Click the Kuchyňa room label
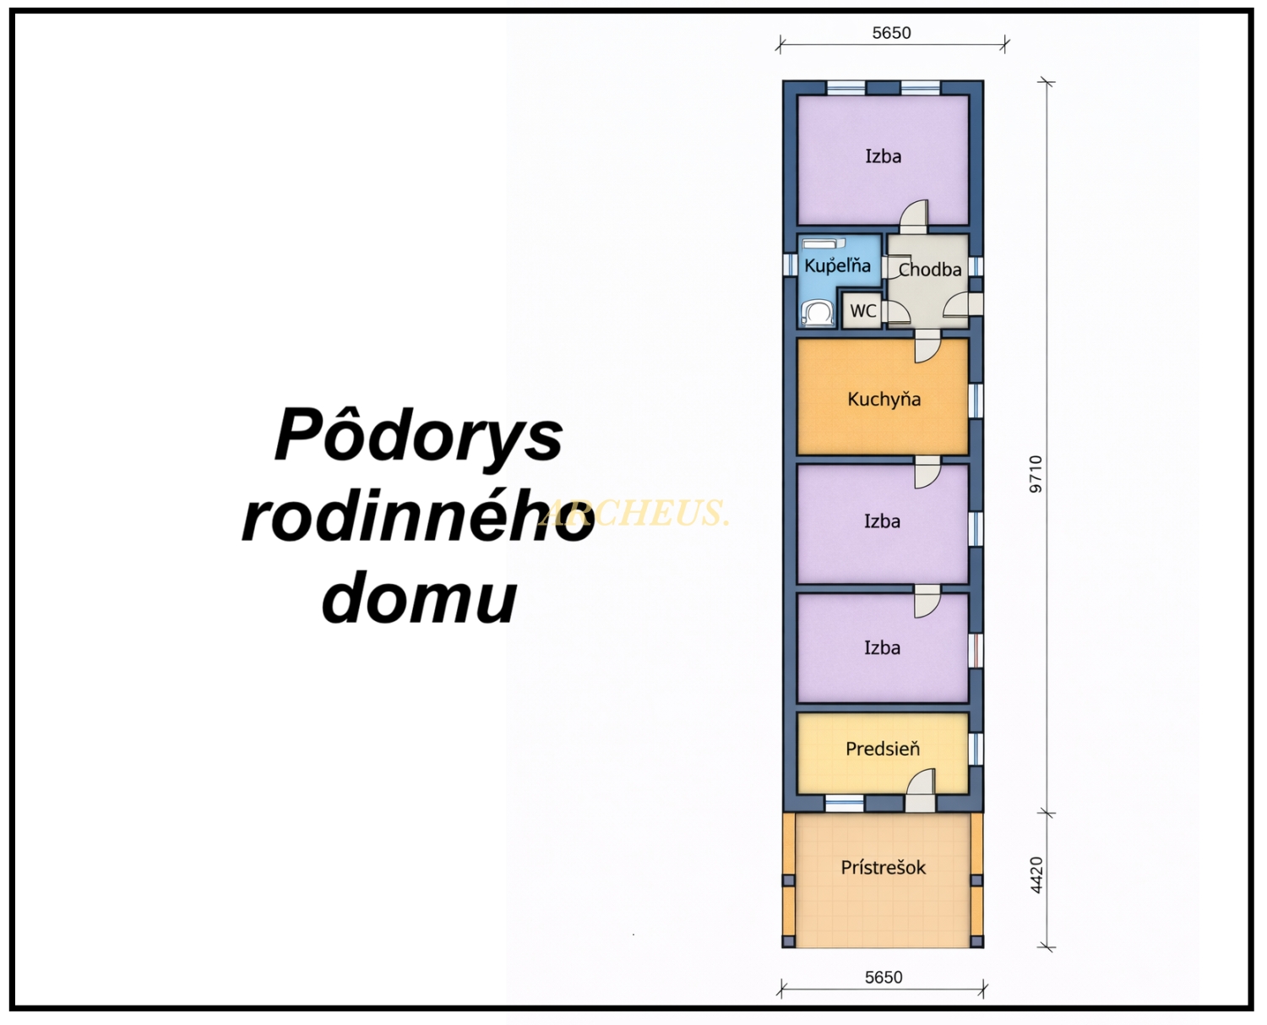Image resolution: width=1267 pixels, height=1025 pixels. [884, 399]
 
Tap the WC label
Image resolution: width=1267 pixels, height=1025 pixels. [863, 310]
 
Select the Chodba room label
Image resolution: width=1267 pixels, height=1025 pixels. [930, 270]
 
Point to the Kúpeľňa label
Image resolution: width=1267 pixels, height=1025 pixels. [838, 265]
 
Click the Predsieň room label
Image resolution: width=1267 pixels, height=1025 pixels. [883, 749]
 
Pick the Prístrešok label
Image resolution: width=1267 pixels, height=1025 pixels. [884, 867]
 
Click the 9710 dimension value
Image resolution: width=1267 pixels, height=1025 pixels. [1036, 474]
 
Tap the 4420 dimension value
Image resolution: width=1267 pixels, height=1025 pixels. [1036, 875]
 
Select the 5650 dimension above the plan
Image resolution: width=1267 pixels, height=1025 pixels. [892, 33]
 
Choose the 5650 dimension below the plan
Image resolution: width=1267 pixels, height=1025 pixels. [884, 978]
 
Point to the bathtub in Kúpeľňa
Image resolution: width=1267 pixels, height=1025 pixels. [824, 243]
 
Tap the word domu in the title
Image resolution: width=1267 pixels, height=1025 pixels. [419, 597]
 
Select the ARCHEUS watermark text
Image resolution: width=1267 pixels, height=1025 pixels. [633, 512]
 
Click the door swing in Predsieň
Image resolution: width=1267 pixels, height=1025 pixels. [920, 781]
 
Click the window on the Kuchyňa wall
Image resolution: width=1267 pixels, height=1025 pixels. [976, 401]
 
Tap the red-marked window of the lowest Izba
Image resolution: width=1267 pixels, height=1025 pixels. [976, 651]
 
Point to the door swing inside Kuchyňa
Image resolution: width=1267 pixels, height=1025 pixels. [928, 350]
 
